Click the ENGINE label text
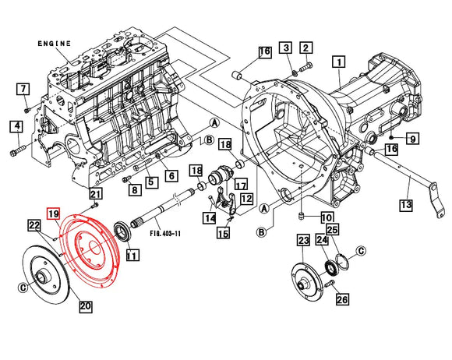coord(55,44)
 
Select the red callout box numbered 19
coord(53,214)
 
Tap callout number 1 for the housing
coord(339,62)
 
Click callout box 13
coord(406,205)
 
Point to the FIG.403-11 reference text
coord(165,233)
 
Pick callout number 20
coord(86,305)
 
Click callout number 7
coord(23,89)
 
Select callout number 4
coord(16,126)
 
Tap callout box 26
coord(342,299)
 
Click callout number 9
coord(412,139)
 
